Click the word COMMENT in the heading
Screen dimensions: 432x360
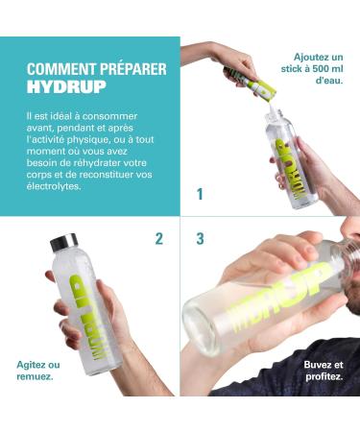pyautogui.click(x=57, y=69)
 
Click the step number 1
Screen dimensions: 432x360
pyautogui.click(x=200, y=194)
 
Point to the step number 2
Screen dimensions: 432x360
pyautogui.click(x=159, y=239)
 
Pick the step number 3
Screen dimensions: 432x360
pyautogui.click(x=200, y=239)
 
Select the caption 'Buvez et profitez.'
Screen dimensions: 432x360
pyautogui.click(x=324, y=371)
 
